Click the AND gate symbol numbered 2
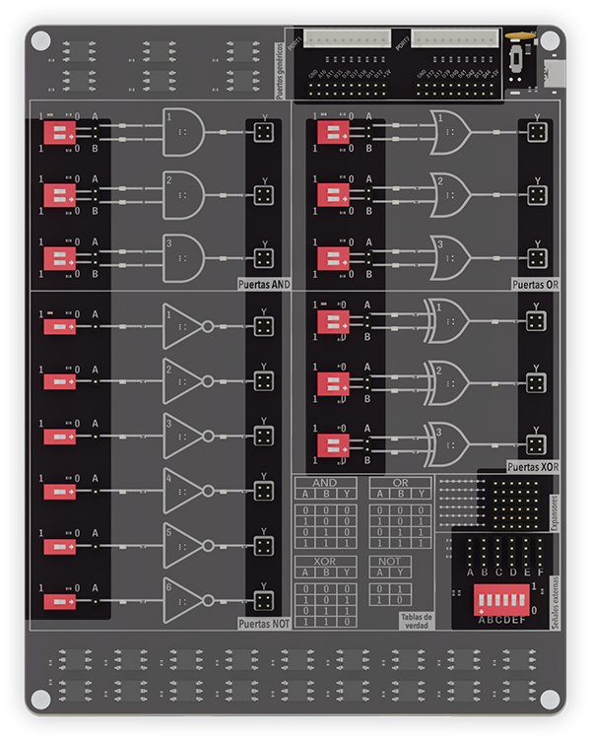coord(183,194)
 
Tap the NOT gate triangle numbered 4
coord(183,490)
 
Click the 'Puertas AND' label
coord(264,284)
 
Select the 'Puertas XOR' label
coord(533,465)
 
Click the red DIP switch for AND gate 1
coord(59,132)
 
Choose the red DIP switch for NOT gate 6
coord(59,600)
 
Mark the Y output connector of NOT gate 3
coord(263,436)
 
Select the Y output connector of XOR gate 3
coord(536,444)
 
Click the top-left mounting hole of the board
coord(40,40)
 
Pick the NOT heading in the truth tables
coord(390,562)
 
